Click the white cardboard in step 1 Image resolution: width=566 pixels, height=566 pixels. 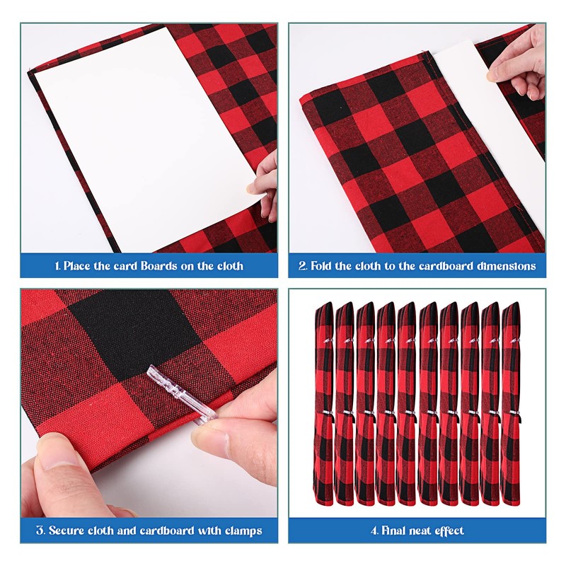pos(141,134)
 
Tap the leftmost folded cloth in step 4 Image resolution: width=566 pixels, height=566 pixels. pos(324,403)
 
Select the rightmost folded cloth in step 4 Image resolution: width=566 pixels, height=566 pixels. pos(510,403)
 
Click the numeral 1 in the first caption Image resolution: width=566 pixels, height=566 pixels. pos(56,267)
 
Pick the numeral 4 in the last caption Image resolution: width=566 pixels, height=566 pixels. pos(372,530)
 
